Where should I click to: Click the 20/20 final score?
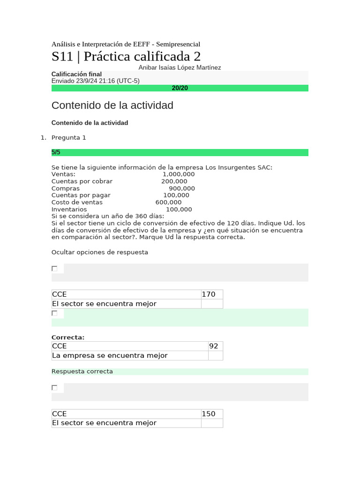[180, 88]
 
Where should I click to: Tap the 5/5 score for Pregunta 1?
[56, 152]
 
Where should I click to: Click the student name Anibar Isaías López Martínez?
[180, 67]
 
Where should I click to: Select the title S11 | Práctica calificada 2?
[126, 56]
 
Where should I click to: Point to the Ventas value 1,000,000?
[178, 174]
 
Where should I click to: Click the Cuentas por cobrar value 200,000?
[174, 181]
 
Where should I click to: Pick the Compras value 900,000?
[181, 188]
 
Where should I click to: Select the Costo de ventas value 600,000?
[168, 202]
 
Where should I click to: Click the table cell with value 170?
[209, 294]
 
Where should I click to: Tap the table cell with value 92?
[214, 346]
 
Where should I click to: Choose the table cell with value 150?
[209, 414]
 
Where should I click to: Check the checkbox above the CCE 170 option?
[54, 269]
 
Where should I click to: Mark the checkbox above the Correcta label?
[54, 313]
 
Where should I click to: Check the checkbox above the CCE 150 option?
[54, 388]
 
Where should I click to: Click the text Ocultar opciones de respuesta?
[99, 252]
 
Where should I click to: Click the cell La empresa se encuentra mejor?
[110, 355]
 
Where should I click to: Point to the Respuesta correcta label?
[82, 371]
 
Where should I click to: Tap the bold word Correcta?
[67, 337]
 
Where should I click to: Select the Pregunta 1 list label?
[68, 137]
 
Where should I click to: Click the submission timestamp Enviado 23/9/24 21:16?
[95, 81]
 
